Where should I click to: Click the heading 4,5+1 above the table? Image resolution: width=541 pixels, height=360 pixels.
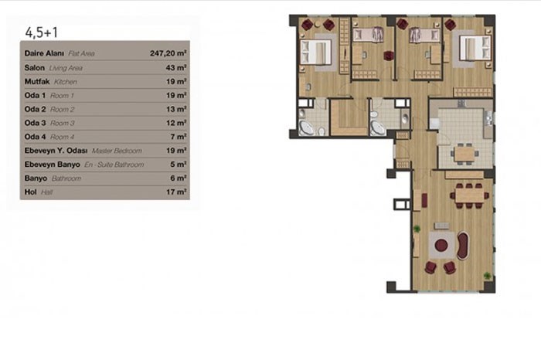42,32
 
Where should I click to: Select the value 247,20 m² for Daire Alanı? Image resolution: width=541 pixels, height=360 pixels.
168,53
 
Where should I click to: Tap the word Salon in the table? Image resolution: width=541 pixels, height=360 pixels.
35,67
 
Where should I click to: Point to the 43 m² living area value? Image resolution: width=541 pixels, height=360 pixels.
176,67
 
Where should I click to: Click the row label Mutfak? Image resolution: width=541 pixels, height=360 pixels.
37,81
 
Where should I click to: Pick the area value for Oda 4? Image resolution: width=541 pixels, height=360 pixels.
179,137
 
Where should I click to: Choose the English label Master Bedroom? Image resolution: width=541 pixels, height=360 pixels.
117,151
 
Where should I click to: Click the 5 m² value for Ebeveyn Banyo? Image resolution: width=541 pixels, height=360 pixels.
179,164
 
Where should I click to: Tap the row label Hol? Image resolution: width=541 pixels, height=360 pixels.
30,192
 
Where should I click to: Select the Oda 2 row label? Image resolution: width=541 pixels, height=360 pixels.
35,109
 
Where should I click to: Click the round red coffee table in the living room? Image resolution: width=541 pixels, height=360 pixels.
441,245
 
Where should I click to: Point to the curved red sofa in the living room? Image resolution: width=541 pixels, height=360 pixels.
463,246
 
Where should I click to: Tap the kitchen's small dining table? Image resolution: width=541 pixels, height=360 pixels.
464,154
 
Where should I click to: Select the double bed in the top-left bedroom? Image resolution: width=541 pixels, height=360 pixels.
315,52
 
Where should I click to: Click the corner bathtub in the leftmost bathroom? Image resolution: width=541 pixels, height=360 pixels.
306,127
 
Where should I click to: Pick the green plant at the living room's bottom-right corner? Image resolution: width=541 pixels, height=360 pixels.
487,276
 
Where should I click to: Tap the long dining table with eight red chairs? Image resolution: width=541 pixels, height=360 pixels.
469,196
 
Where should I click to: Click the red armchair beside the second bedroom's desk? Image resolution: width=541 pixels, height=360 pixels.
389,55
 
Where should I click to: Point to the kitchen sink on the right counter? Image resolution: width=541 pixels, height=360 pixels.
489,119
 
